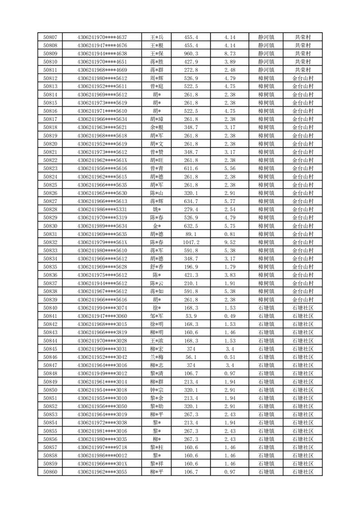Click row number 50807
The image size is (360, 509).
click(x=50, y=37)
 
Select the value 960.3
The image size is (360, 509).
click(x=191, y=54)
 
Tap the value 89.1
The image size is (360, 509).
click(x=191, y=234)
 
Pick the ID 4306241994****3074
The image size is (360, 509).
click(x=102, y=308)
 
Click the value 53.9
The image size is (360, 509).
click(x=191, y=316)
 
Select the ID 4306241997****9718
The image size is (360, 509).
click(x=102, y=447)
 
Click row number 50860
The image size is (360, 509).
click(x=50, y=472)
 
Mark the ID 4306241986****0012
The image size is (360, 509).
click(x=102, y=455)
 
